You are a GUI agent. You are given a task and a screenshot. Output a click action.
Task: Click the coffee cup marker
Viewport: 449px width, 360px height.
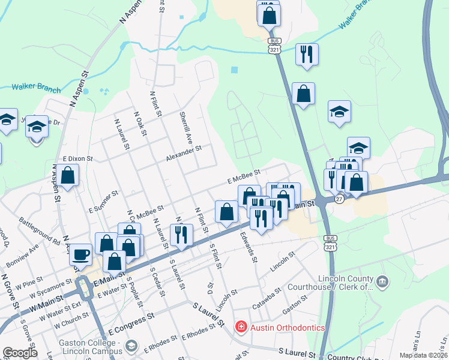coord(80,254)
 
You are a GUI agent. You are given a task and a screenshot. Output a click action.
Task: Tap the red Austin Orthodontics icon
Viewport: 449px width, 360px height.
coord(241,327)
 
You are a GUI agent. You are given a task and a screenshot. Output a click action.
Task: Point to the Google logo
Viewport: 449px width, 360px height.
coord(19,353)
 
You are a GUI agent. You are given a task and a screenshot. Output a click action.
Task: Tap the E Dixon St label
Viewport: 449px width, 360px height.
coord(75,158)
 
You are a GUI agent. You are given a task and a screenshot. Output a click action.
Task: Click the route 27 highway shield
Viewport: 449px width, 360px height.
coord(339,199)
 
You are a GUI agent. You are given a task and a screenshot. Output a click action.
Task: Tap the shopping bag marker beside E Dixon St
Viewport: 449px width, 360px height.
coord(68,176)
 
